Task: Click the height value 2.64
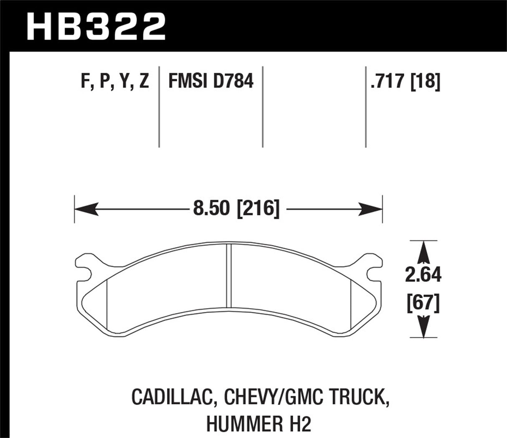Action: [x=423, y=276]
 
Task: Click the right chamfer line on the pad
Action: [x=353, y=301]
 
